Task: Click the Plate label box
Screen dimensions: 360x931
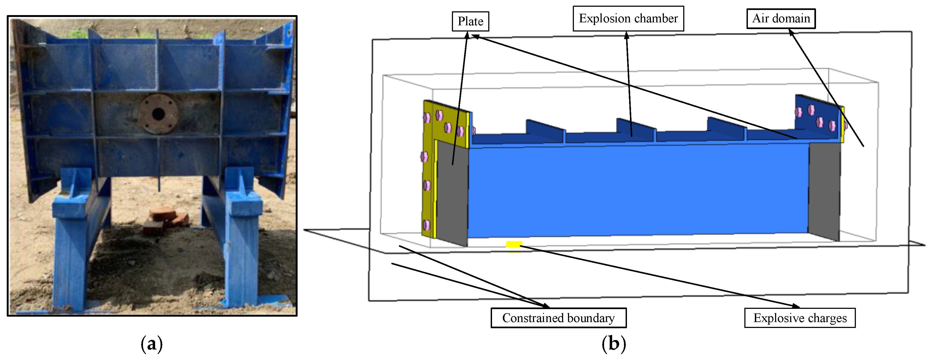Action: (x=470, y=21)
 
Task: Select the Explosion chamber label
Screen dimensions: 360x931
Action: (x=628, y=18)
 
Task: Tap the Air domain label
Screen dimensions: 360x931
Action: (x=781, y=18)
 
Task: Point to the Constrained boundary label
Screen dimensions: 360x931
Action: (x=558, y=318)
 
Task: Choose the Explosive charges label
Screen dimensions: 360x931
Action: (x=800, y=318)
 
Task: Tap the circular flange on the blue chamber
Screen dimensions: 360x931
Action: (x=158, y=114)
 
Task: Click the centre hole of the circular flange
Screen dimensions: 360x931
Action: (x=158, y=114)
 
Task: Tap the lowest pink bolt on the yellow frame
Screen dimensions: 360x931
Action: (x=427, y=225)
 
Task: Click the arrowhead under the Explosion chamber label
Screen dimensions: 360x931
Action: (x=627, y=34)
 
